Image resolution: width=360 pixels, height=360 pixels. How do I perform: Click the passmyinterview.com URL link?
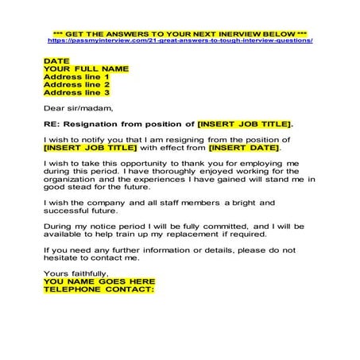(180, 40)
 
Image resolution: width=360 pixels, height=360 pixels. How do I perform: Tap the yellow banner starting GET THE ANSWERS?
(180, 32)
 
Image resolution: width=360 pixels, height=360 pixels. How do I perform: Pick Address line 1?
(76, 77)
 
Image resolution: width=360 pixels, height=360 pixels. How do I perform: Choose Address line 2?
(76, 85)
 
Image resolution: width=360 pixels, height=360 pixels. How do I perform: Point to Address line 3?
(76, 93)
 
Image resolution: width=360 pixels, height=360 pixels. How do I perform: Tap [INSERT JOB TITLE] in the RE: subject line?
(244, 125)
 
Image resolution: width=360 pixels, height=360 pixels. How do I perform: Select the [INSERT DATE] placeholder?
(244, 148)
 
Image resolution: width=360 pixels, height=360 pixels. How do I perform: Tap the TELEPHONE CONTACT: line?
(99, 289)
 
